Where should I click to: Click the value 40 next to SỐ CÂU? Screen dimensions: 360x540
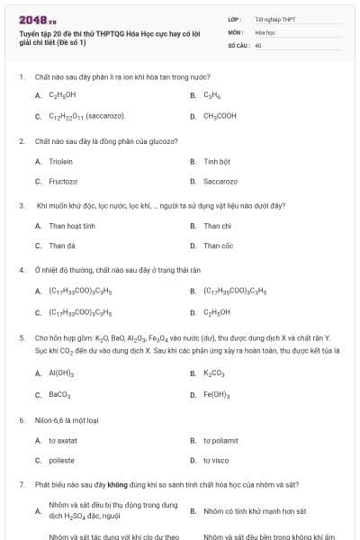pyautogui.click(x=258, y=45)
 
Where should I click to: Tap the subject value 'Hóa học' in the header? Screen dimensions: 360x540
pyautogui.click(x=265, y=31)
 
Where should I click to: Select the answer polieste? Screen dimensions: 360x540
pyautogui.click(x=61, y=460)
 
